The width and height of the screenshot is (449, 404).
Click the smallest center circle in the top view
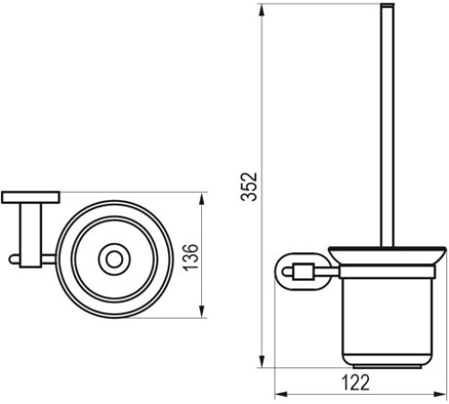point(113,260)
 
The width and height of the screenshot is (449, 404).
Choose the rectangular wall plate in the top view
point(31,196)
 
